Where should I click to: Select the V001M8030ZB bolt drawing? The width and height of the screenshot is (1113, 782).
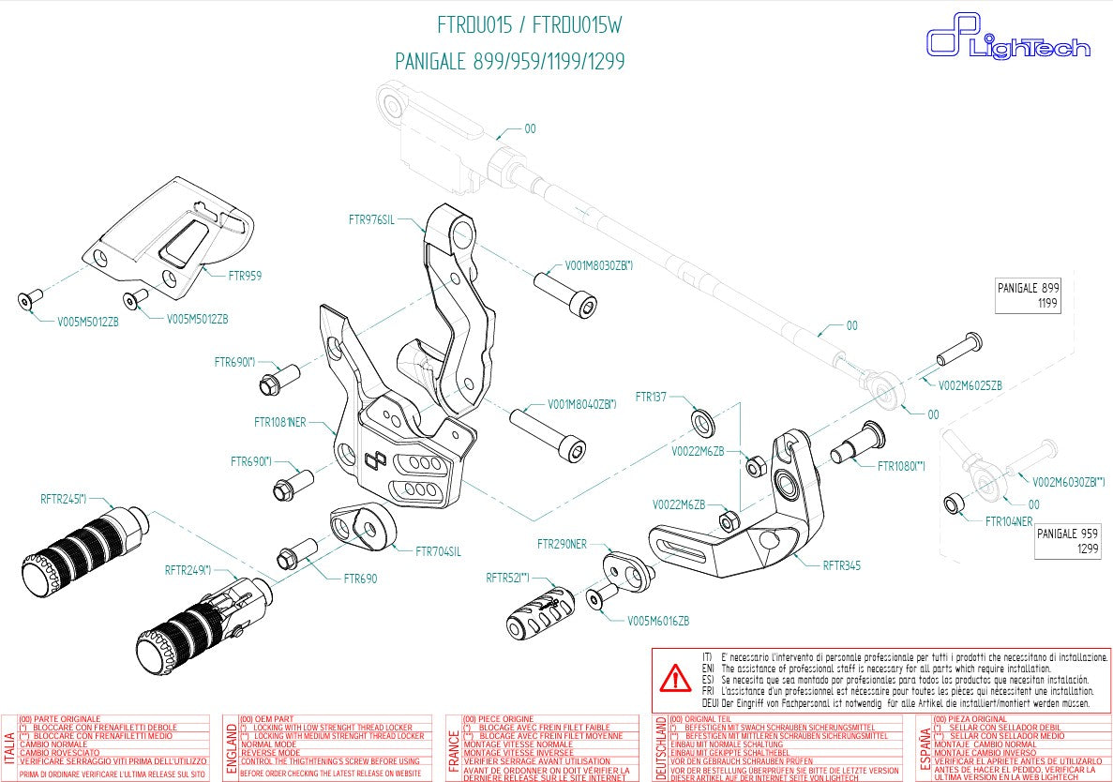[566, 293]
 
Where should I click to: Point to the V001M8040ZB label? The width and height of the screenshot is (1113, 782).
[581, 404]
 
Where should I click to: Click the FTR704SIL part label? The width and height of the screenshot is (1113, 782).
[438, 551]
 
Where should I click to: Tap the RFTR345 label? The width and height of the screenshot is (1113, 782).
[841, 565]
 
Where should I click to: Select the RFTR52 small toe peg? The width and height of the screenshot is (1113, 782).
[541, 614]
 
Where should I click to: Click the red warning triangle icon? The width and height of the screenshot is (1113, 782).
[674, 677]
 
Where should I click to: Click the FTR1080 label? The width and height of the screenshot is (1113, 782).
[901, 466]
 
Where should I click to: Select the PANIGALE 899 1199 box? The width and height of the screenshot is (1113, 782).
[1029, 296]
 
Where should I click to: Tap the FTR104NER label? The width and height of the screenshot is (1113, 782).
[1008, 521]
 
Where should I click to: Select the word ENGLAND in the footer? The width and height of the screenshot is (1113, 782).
[231, 747]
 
